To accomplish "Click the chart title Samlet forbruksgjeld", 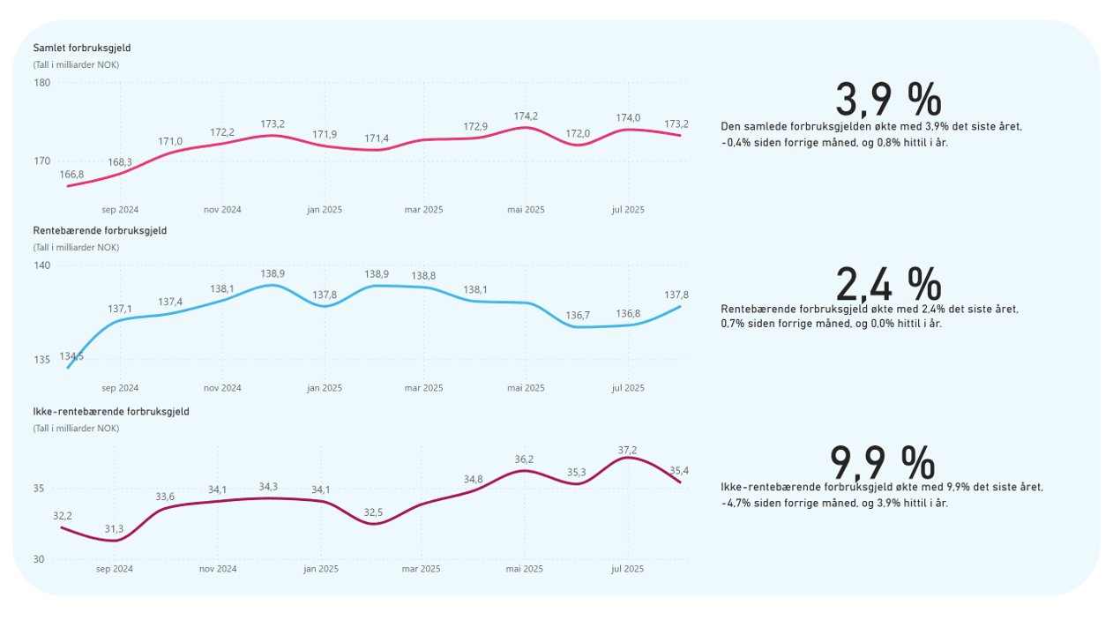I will pyautogui.click(x=81, y=48).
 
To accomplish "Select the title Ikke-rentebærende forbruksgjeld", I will pyautogui.click(x=111, y=412).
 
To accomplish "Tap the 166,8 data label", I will pyautogui.click(x=71, y=175).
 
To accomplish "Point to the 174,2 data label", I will pyautogui.click(x=526, y=116).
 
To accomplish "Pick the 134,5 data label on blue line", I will pyautogui.click(x=71, y=356).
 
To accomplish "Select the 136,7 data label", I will pyautogui.click(x=578, y=315).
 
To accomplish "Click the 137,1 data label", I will pyautogui.click(x=120, y=309).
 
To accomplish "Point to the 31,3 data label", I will pyautogui.click(x=115, y=529).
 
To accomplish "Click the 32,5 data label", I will pyautogui.click(x=373, y=512).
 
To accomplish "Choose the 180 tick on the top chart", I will pyautogui.click(x=42, y=83).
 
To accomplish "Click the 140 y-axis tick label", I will pyautogui.click(x=42, y=265).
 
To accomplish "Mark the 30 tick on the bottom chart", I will pyautogui.click(x=39, y=559).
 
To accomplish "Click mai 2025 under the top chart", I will pyautogui.click(x=526, y=210).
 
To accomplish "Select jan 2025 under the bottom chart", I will pyautogui.click(x=321, y=569).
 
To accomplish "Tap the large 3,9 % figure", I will pyautogui.click(x=887, y=100).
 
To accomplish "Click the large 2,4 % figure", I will pyautogui.click(x=887, y=284).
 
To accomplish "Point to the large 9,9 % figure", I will pyautogui.click(x=882, y=463).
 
